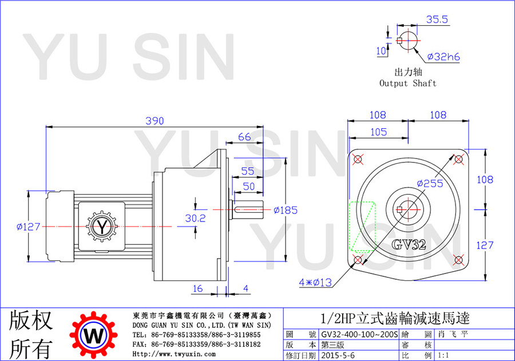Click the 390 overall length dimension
154,121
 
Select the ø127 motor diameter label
28,227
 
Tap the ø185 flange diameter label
286,210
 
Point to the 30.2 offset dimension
196,218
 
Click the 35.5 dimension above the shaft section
437,19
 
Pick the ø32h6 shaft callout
443,57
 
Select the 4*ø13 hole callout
315,282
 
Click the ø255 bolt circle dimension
430,184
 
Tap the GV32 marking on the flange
409,244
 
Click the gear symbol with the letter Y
102,227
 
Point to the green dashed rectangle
362,227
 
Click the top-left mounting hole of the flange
358,160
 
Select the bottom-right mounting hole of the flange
458,260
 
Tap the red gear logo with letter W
94,335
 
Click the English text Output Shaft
408,84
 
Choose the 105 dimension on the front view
379,132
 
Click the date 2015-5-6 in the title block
338,355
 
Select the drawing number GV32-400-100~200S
359,334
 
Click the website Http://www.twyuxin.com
174,354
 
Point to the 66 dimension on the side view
244,137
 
